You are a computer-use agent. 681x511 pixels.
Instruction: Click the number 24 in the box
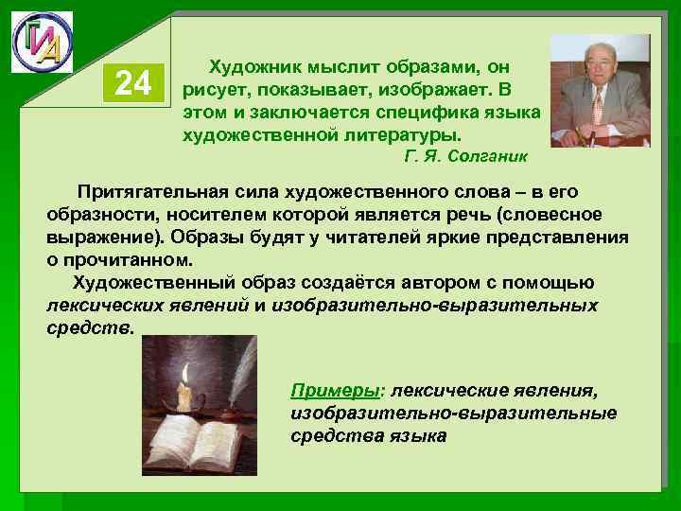coord(132,85)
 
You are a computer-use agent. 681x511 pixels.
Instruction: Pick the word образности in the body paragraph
coord(95,214)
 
